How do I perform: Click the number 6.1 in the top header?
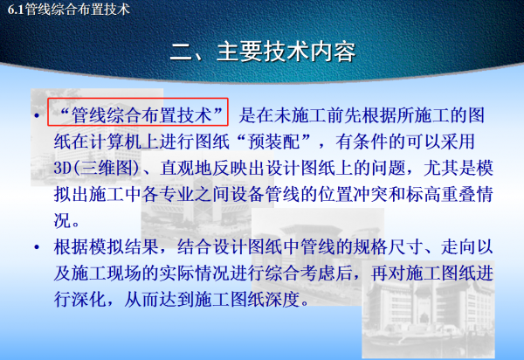tap(14, 10)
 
